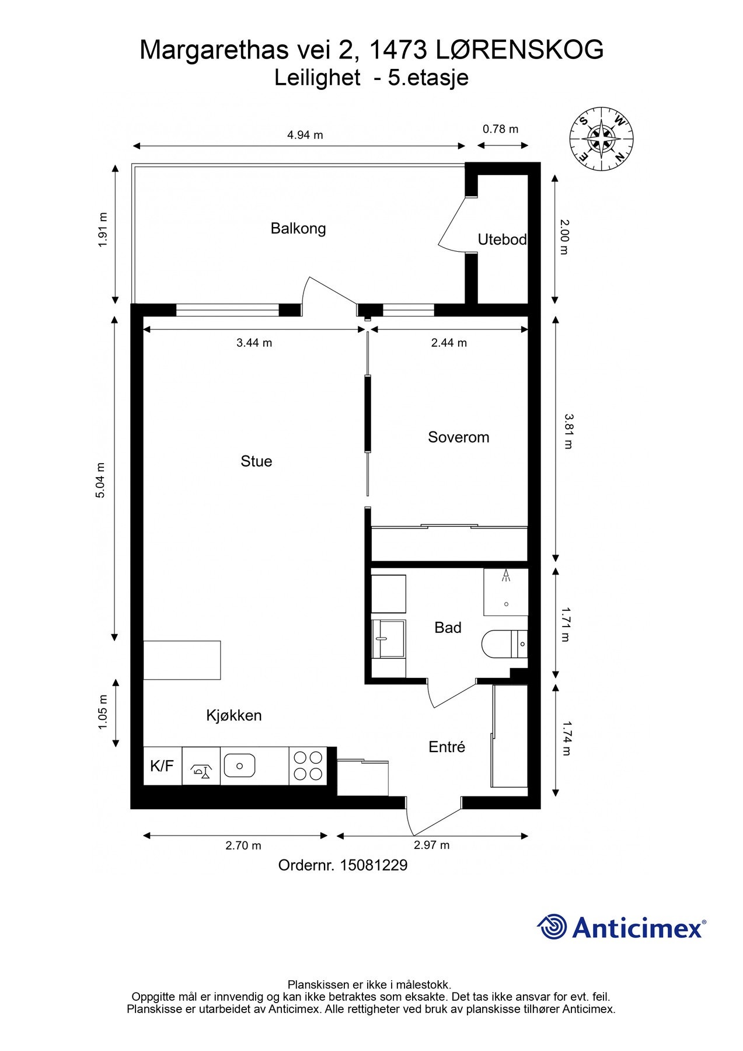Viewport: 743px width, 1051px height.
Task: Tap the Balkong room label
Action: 298,228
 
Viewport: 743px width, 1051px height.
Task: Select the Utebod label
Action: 502,239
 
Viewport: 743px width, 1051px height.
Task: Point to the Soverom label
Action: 459,437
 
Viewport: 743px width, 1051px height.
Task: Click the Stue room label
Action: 256,461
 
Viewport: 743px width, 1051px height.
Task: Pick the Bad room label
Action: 448,628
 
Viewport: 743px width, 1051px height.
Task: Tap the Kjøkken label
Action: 234,715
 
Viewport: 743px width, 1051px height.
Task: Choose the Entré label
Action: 447,747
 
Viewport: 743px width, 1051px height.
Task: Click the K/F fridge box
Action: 163,766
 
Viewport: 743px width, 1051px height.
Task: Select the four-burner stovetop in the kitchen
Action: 308,766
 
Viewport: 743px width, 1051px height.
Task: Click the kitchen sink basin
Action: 239,765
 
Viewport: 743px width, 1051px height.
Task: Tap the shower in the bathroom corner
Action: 506,591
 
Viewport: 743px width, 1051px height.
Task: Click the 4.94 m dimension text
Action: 305,135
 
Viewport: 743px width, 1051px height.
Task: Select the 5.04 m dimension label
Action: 100,480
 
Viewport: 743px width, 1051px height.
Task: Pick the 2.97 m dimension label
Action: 432,845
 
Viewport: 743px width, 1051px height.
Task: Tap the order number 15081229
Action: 374,865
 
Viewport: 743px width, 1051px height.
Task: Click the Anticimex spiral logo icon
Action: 552,927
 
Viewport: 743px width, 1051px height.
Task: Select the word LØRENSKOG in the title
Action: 519,50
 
